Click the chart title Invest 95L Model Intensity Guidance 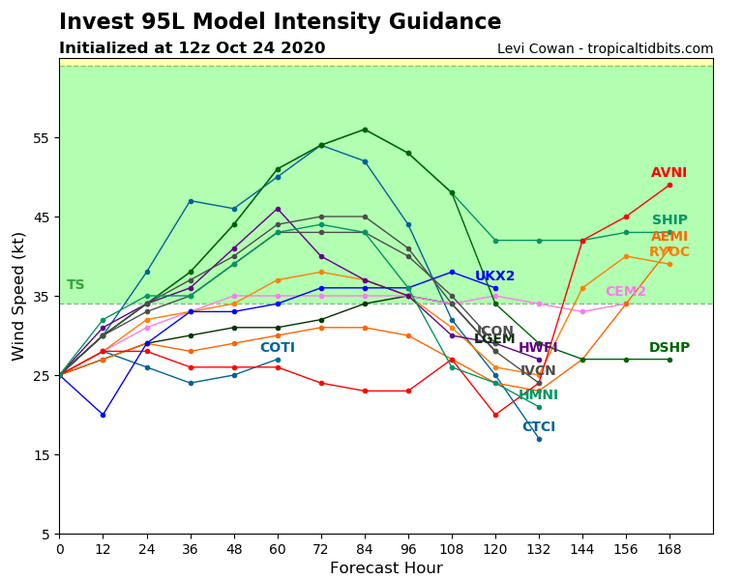(280, 22)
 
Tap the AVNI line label (669, 173)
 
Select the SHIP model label (669, 220)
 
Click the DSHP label (669, 348)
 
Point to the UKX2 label (494, 276)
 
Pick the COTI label (277, 348)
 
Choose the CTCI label (539, 427)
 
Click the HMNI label (538, 395)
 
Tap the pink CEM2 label (625, 292)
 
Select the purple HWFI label (538, 348)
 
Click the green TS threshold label (75, 285)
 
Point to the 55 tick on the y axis (42, 138)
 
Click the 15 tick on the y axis (42, 455)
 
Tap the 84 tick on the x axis (365, 548)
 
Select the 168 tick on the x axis (669, 548)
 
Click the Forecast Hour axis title (386, 568)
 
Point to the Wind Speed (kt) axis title (18, 296)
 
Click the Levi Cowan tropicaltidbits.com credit (605, 48)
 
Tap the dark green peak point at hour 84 (365, 130)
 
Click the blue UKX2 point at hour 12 (103, 415)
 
